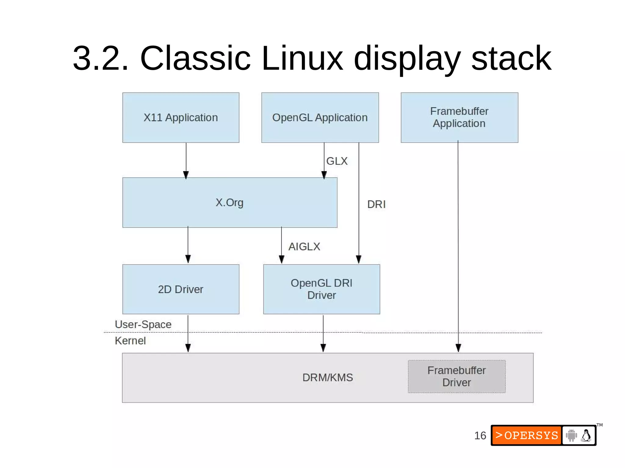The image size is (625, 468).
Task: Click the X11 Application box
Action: [181, 118]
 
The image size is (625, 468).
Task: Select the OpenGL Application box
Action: [320, 118]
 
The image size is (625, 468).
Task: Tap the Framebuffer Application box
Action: [459, 118]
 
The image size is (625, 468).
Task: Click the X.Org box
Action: [229, 202]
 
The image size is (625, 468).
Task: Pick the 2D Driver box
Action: [181, 289]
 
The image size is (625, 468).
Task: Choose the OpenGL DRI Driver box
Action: [321, 289]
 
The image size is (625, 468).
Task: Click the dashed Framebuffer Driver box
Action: [457, 376]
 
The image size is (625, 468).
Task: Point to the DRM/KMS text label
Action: [327, 377]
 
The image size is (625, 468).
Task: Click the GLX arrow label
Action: [337, 161]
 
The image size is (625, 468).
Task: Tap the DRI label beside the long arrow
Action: [376, 204]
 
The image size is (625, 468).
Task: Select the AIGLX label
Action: [304, 246]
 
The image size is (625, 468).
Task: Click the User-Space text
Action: [143, 324]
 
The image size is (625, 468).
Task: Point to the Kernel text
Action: [130, 341]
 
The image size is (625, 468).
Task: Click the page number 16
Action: [480, 435]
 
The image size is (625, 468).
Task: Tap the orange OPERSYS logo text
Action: [527, 435]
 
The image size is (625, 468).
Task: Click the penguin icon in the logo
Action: [586, 435]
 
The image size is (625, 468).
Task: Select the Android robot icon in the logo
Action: [571, 435]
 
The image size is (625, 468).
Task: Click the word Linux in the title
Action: [302, 58]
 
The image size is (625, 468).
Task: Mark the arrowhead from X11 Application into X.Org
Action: [186, 175]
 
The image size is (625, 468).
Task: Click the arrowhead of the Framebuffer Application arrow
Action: [458, 348]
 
